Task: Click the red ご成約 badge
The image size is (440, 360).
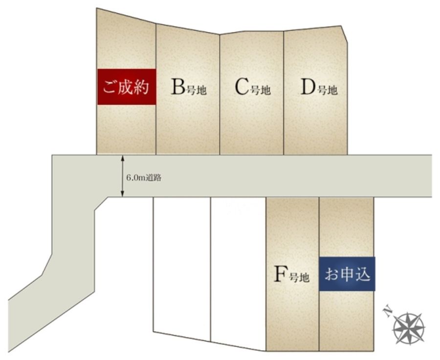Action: [127, 87]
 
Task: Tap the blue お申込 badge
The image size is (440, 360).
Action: [347, 274]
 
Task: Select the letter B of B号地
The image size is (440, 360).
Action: [178, 86]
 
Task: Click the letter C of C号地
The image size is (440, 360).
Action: [242, 86]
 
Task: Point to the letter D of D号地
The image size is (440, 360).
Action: [308, 86]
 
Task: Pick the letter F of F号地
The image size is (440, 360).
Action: [281, 274]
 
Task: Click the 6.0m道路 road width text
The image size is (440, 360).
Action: [144, 178]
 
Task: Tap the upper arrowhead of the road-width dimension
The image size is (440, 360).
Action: [122, 158]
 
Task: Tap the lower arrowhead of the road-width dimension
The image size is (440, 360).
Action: [122, 194]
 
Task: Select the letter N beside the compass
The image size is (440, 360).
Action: [387, 312]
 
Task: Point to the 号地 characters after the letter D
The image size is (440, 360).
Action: [328, 90]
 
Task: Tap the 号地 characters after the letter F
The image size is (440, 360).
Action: [299, 277]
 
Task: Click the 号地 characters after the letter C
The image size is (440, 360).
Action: [260, 90]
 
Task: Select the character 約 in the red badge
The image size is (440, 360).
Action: [142, 87]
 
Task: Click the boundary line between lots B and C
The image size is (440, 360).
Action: [220, 94]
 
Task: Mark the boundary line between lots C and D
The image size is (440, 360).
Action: [284, 93]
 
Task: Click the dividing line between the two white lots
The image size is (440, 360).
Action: [210, 269]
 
